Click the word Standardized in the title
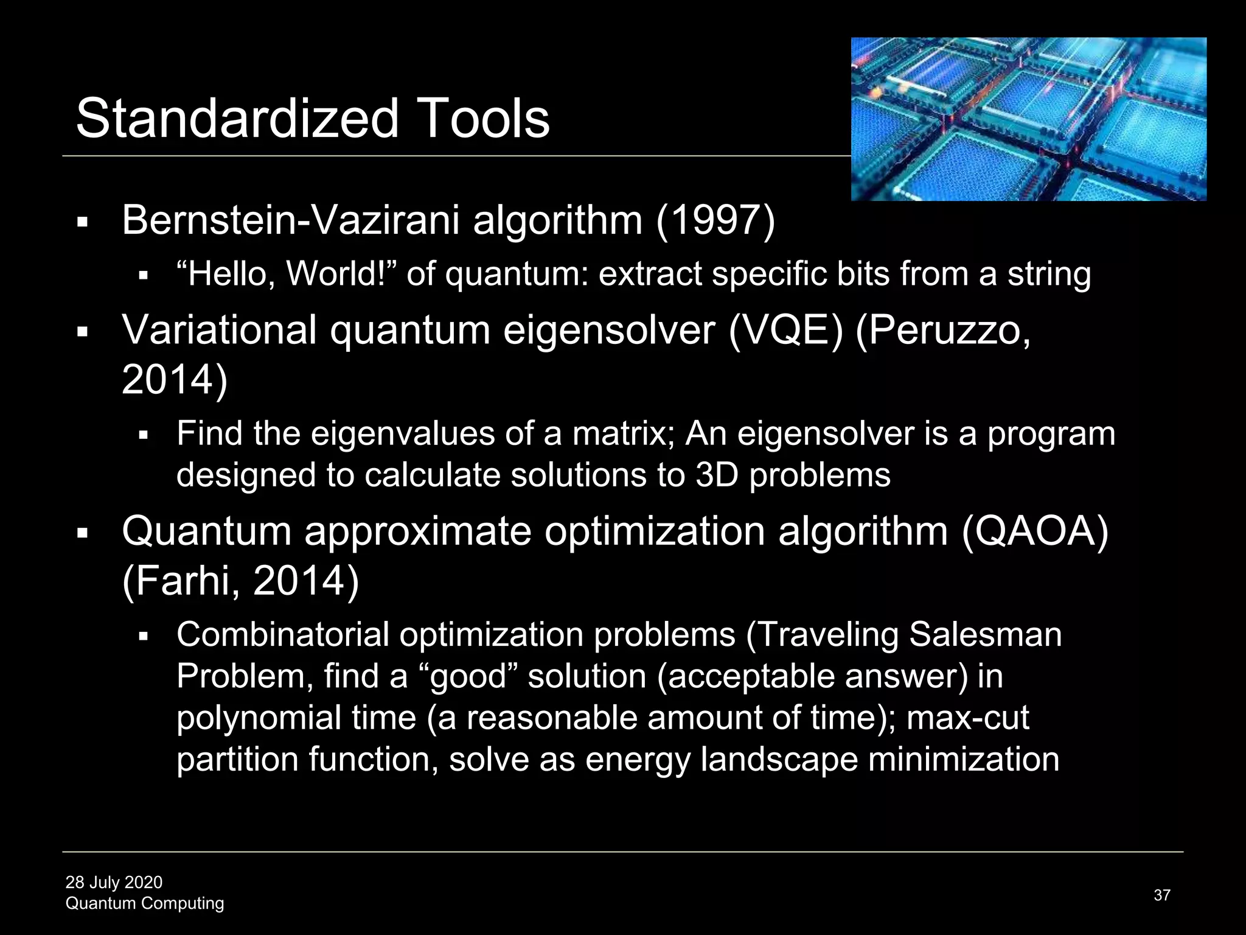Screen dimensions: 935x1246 pos(237,118)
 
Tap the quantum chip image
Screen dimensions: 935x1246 pos(1028,119)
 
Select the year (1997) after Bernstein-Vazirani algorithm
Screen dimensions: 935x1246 pos(715,220)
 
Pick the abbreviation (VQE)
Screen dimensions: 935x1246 pos(787,331)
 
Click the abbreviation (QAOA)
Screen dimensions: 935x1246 pos(1035,531)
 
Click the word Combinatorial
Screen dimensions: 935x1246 pos(283,634)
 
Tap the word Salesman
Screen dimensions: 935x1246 pos(986,634)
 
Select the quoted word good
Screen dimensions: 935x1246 pos(469,676)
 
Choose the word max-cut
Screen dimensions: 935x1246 pos(967,718)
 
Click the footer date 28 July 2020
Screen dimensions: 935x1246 pos(114,882)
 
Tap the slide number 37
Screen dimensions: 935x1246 pos(1161,895)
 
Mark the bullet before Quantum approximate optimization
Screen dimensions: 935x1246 pos(83,534)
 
